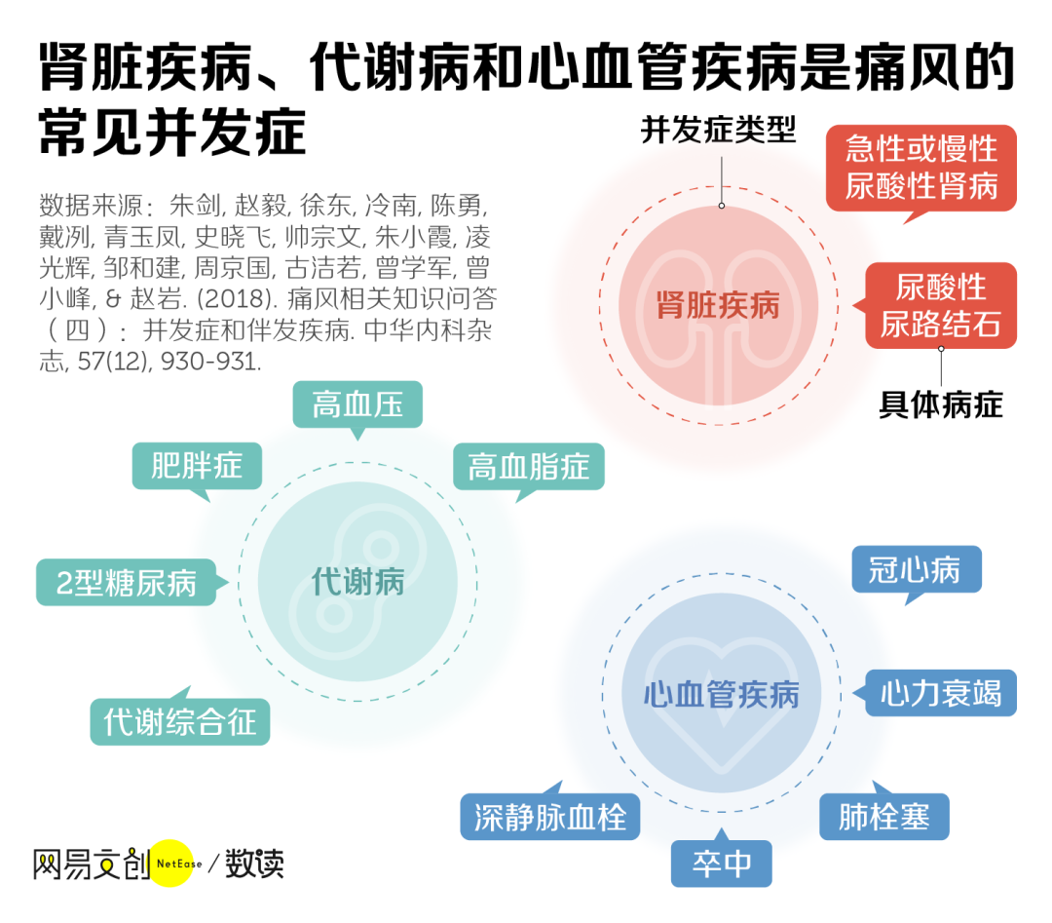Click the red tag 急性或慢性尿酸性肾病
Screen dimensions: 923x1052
(x=920, y=167)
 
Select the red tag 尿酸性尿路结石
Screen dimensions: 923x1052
(x=940, y=305)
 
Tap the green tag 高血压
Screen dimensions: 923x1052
(x=357, y=404)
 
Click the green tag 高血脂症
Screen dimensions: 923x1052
(x=528, y=467)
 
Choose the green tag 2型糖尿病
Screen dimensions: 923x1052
(x=127, y=583)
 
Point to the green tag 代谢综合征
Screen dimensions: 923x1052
(x=180, y=722)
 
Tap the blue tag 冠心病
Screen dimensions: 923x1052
(x=916, y=569)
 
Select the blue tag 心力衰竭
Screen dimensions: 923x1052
(x=940, y=694)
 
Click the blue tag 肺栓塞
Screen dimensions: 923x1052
(x=883, y=816)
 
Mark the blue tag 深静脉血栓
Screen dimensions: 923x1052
(x=550, y=817)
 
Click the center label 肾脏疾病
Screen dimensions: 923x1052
(x=718, y=305)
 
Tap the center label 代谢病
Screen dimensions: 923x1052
(x=357, y=583)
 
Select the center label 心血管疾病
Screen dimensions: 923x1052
(x=721, y=694)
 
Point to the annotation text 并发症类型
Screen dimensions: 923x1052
(x=719, y=130)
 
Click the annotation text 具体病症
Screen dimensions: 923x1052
(x=940, y=404)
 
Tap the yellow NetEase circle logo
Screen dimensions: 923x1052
(x=173, y=863)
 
